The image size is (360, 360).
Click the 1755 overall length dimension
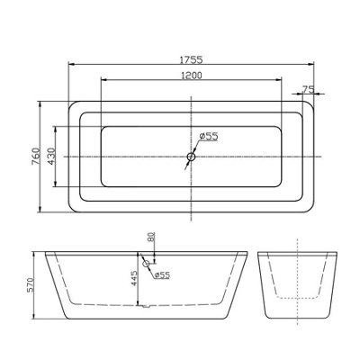192,60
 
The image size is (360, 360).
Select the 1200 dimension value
192,76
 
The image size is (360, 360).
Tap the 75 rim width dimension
308,89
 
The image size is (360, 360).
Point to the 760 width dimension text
35,157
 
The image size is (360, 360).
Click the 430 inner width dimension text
51,157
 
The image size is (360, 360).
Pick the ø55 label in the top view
208,137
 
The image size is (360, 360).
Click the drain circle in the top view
191,157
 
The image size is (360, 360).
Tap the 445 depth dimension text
133,278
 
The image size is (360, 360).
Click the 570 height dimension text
31,285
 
